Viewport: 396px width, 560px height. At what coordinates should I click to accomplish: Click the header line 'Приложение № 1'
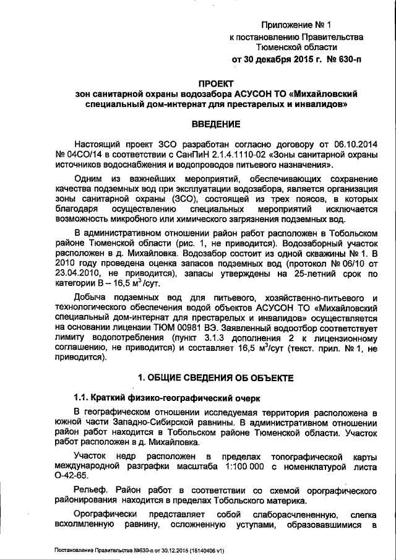296,25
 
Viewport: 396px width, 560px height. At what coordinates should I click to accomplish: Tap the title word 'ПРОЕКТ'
216,82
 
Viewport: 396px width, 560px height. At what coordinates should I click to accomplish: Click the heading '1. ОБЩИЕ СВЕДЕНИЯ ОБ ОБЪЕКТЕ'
216,377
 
